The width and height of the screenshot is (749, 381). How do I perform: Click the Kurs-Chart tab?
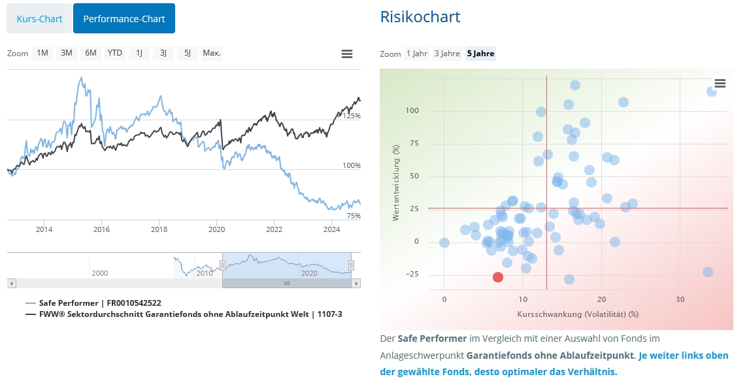(39, 18)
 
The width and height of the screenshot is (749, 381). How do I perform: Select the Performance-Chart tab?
(124, 18)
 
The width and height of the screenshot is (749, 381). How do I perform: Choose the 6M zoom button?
(91, 53)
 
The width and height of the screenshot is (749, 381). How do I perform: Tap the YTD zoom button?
(115, 53)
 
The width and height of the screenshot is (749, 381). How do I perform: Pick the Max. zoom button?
(212, 53)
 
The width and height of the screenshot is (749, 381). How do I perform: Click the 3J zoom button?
(163, 53)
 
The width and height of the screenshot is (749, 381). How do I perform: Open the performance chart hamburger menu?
(347, 54)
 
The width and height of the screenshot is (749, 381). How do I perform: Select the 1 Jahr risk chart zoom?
(416, 54)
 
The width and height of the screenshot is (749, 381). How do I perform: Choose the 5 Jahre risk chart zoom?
(480, 54)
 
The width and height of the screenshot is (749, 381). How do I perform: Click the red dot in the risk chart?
(498, 277)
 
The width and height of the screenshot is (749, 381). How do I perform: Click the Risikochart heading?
(420, 17)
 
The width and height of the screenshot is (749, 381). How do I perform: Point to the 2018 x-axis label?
(159, 229)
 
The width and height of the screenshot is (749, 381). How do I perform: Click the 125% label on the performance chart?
(352, 116)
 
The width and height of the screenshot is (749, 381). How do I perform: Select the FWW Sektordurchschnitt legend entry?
(190, 314)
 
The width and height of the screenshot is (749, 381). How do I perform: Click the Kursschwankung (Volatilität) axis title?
(578, 314)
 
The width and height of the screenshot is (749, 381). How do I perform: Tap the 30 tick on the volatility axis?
(680, 299)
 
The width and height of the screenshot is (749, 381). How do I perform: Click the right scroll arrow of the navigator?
(356, 284)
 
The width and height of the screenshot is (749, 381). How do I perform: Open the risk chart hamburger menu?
(720, 83)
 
